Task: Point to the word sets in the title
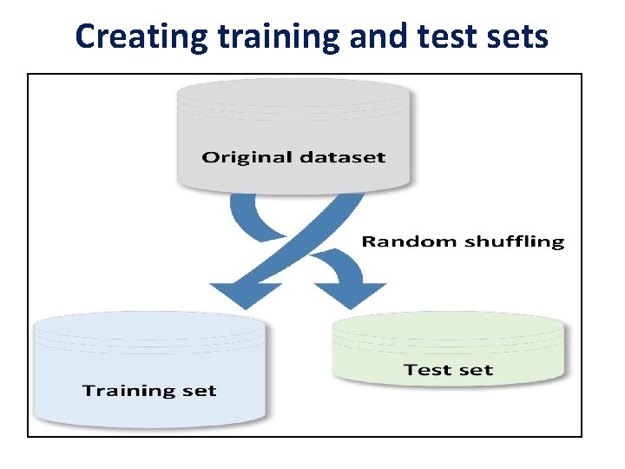coord(517,36)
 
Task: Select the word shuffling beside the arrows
coord(512,241)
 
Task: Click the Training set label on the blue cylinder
coord(149,390)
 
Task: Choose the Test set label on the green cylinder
coord(448,370)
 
